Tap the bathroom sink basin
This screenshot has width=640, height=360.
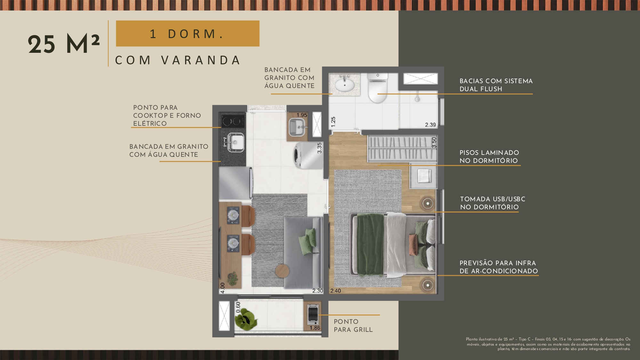[x=345, y=85]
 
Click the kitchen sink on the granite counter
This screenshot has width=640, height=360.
[x=236, y=142]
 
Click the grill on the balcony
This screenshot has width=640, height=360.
[x=313, y=315]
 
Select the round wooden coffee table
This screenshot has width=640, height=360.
[x=282, y=271]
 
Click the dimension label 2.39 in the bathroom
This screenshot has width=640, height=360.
[x=430, y=125]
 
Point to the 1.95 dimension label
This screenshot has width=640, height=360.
[x=302, y=115]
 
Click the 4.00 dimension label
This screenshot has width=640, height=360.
[x=223, y=288]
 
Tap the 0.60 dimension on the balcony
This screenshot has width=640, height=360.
[x=238, y=307]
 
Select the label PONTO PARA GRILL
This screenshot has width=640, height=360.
[x=353, y=326]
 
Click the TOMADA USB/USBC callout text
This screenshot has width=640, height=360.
[x=493, y=203]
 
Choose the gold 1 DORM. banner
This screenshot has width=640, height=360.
[x=188, y=34]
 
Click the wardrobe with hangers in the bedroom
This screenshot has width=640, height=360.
[x=402, y=148]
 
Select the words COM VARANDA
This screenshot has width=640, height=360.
[x=178, y=60]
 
